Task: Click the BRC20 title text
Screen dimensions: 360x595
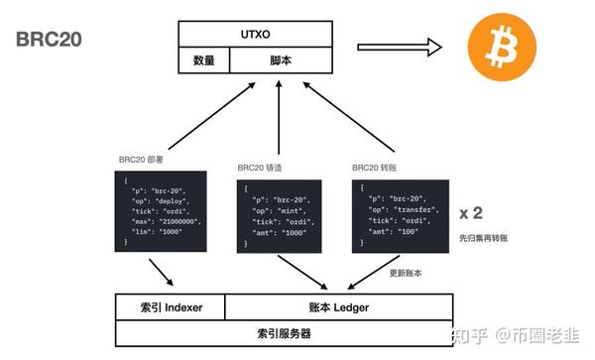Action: coord(49,39)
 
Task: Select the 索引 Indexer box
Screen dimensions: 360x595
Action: coord(170,307)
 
